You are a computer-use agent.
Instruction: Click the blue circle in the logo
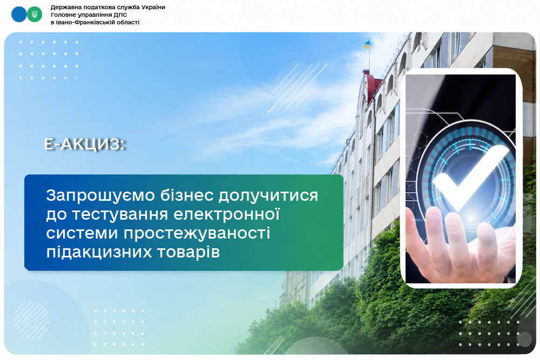click(19, 15)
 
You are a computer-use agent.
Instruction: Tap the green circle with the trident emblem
click(35, 15)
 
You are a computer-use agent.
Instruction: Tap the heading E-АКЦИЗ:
click(84, 144)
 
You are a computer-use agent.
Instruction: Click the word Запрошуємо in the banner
click(100, 196)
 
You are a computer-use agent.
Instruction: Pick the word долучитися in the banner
click(268, 196)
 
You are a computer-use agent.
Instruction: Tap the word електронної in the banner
click(226, 214)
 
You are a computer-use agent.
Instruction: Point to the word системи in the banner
click(82, 233)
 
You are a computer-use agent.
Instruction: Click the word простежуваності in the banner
click(197, 233)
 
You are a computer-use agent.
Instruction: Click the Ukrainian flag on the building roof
click(367, 44)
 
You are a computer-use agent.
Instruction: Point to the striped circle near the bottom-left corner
click(32, 320)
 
